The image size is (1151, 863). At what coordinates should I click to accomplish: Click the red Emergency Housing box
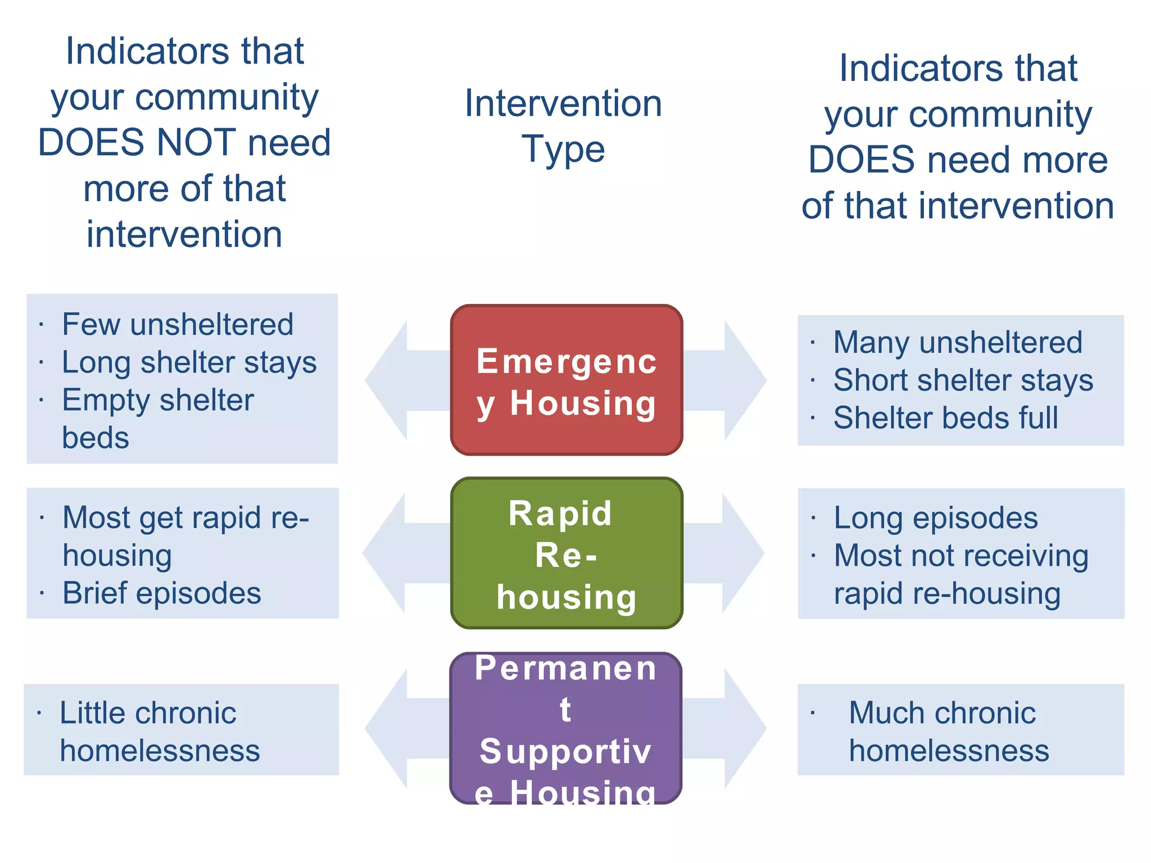point(567,380)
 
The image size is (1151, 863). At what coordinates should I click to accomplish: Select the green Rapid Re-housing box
point(567,553)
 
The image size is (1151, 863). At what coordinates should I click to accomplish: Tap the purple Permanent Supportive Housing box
point(565,728)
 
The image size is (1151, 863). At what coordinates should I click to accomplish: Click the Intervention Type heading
point(563,126)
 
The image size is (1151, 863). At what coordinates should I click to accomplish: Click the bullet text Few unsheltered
point(178,325)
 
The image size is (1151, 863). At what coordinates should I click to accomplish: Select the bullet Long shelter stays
point(189,362)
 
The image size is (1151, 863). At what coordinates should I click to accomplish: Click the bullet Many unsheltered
point(957,343)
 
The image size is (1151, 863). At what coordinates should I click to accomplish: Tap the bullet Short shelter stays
point(963,380)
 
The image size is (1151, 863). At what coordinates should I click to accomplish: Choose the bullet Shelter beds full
point(945,418)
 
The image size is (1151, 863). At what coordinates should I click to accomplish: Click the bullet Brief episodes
point(162,593)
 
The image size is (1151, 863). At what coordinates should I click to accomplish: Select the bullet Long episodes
point(935,518)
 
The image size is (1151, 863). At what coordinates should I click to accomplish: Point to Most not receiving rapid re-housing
point(960,574)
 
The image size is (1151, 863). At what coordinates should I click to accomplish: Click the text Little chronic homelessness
point(160,732)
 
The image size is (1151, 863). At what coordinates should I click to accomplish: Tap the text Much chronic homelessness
point(949,732)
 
